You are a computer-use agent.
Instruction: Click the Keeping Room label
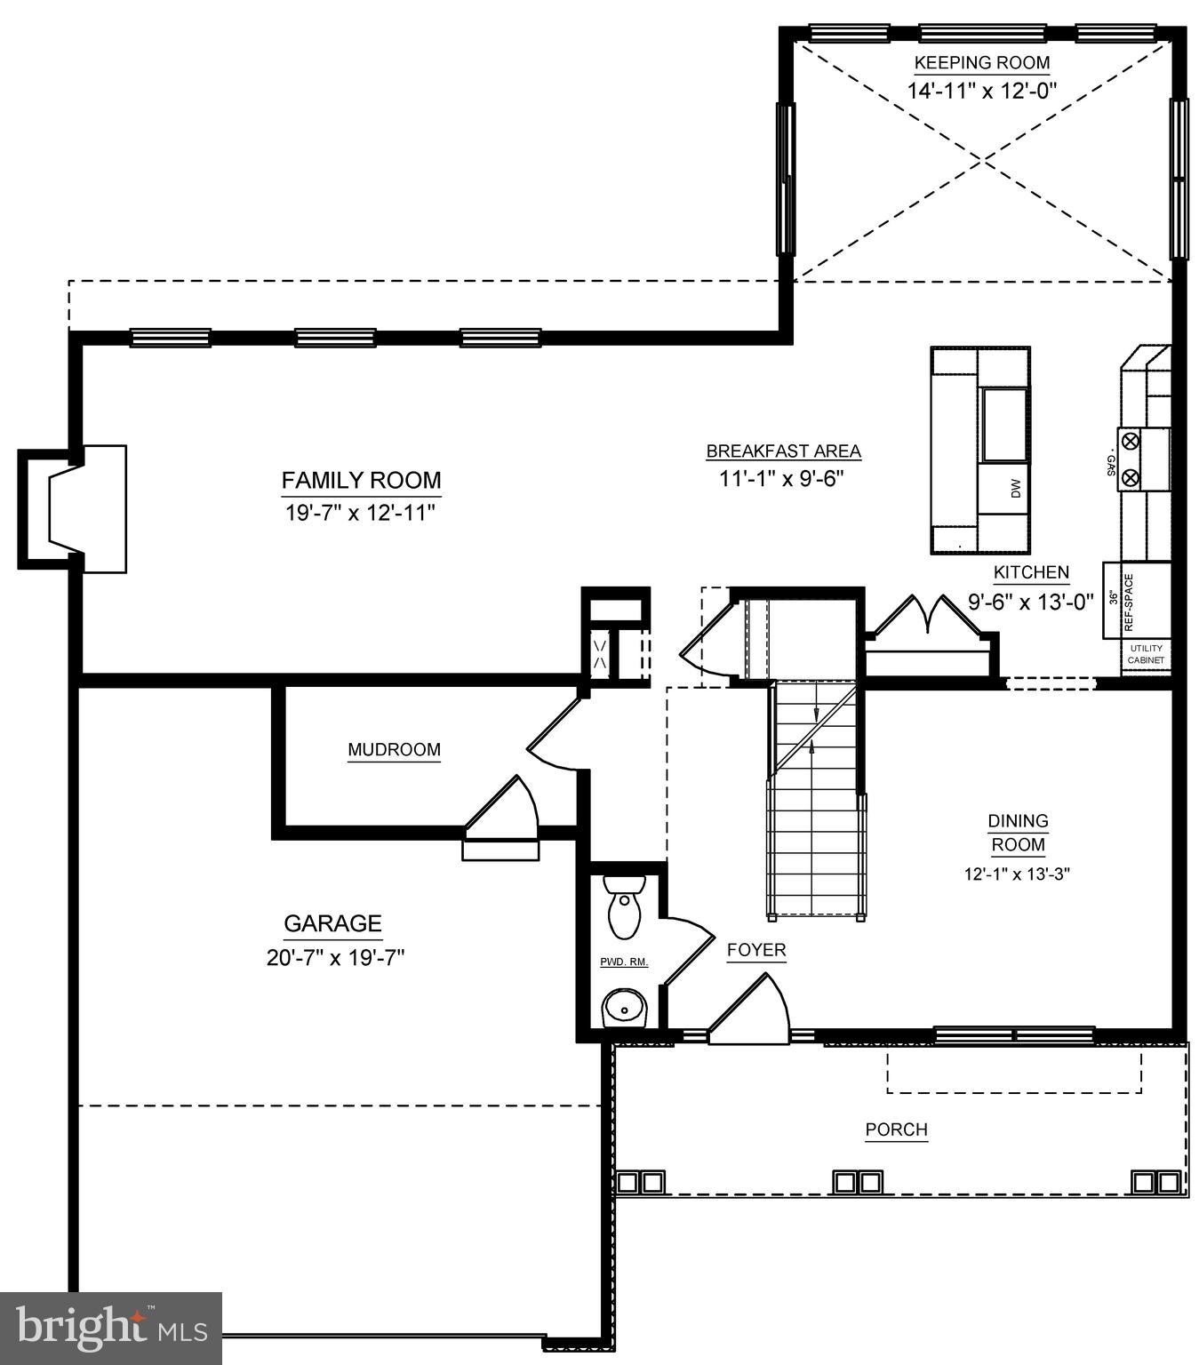pyautogui.click(x=981, y=63)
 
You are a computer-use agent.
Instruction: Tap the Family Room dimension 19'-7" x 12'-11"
pyautogui.click(x=360, y=514)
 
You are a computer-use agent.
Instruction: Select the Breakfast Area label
pyautogui.click(x=783, y=451)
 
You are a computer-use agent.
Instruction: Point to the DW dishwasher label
pyautogui.click(x=1016, y=488)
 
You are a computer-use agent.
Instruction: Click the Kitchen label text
pyautogui.click(x=1031, y=573)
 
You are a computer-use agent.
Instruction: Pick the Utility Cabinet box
pyautogui.click(x=1145, y=656)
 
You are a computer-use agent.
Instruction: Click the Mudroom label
pyautogui.click(x=394, y=750)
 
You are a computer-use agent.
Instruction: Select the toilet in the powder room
pyautogui.click(x=624, y=905)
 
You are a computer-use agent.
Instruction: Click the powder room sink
pyautogui.click(x=626, y=1010)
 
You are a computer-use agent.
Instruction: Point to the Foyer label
pyautogui.click(x=756, y=950)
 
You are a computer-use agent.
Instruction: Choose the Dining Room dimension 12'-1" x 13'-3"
pyautogui.click(x=1017, y=874)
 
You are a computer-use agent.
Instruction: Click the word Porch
pyautogui.click(x=897, y=1130)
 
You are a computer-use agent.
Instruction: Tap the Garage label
pyautogui.click(x=332, y=924)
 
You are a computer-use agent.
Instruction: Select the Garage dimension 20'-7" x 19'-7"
pyautogui.click(x=335, y=958)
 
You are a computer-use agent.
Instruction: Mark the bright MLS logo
pyautogui.click(x=111, y=1328)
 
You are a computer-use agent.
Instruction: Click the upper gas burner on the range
pyautogui.click(x=1131, y=441)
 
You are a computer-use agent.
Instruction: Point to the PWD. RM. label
pyautogui.click(x=624, y=962)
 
